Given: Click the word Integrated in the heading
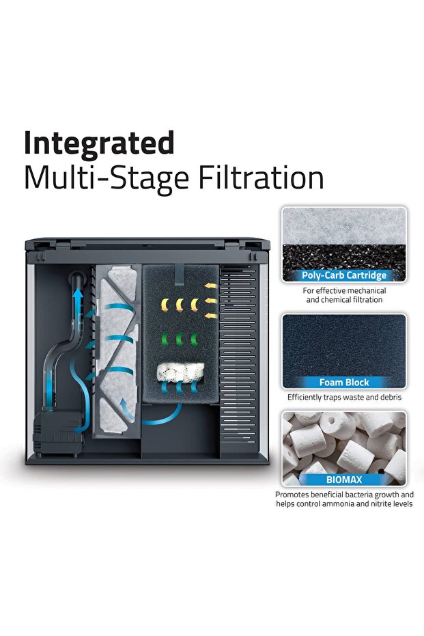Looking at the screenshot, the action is pyautogui.click(x=99, y=144).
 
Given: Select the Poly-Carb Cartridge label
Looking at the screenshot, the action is pyautogui.click(x=344, y=275).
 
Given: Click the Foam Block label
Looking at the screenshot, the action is pyautogui.click(x=344, y=382).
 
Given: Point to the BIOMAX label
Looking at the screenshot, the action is pyautogui.click(x=344, y=480).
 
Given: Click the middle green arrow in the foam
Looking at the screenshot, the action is pyautogui.click(x=179, y=339).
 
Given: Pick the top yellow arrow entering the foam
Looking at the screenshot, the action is pyautogui.click(x=211, y=286).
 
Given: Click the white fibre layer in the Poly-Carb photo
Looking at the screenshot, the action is pyautogui.click(x=344, y=226).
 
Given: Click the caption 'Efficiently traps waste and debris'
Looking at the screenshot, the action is pyautogui.click(x=344, y=398).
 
